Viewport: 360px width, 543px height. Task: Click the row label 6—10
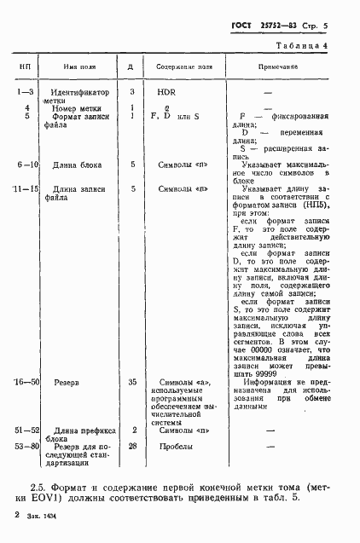25,164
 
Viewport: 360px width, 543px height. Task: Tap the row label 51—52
27,430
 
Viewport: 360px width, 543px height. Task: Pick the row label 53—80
27,445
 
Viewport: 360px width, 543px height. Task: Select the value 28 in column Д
132,445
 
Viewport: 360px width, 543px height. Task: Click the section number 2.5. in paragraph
40,485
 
